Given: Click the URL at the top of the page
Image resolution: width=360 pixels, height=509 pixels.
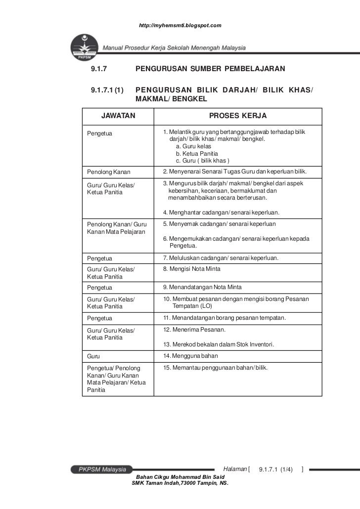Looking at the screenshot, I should [180, 25].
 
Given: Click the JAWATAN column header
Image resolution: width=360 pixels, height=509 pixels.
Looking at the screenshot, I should [118, 116].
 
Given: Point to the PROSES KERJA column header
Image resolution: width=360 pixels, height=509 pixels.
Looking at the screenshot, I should [238, 116].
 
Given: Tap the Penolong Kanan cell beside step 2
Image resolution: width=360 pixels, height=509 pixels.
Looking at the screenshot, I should [108, 172].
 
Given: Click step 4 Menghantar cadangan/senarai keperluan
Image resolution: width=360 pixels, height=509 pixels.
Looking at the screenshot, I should [222, 212].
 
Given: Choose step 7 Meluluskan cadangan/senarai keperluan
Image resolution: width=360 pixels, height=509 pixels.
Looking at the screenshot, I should [221, 258].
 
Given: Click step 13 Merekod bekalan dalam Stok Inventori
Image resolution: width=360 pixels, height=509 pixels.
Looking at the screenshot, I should [219, 344].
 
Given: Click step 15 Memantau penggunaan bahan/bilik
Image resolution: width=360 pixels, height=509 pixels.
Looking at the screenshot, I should [215, 368].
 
